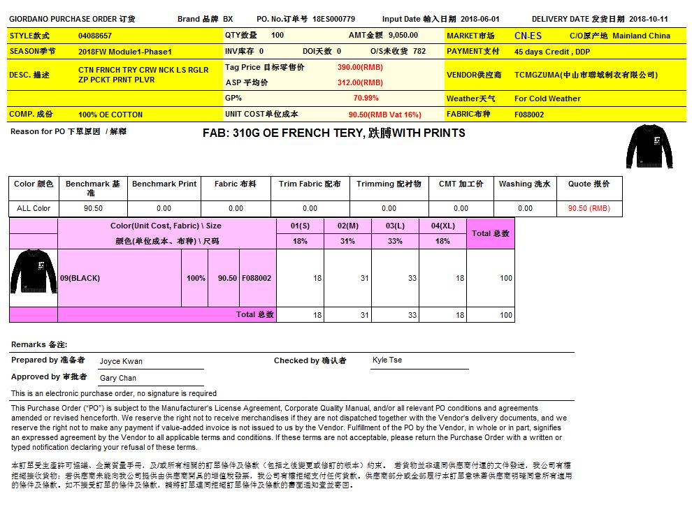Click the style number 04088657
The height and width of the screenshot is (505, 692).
point(95,36)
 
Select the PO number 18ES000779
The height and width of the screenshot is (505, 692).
point(333,19)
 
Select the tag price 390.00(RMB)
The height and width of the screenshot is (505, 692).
point(359,67)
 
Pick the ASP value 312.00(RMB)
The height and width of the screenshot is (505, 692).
point(359,82)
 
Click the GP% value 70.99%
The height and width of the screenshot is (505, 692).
point(366,98)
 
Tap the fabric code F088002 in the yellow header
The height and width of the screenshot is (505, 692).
point(529,115)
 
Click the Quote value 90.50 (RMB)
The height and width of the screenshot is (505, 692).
point(589,208)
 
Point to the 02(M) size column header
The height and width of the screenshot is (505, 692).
point(347,226)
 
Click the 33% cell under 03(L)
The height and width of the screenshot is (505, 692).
point(395,241)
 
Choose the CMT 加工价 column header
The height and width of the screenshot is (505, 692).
point(461,184)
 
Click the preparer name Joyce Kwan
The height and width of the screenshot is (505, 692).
point(121,362)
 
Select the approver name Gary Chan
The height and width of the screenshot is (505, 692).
point(118,378)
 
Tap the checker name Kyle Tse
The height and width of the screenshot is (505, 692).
point(387,360)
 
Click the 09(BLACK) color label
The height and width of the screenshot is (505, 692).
point(80,278)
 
